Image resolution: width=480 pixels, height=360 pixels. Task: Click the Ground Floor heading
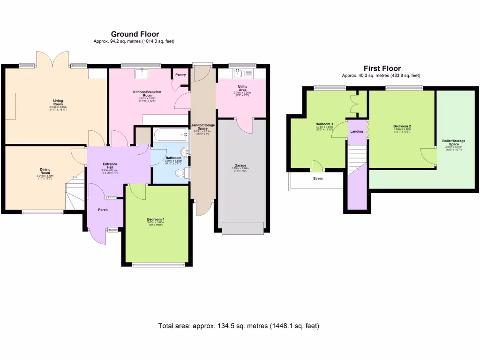135,34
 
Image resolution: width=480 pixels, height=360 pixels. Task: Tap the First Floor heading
382,68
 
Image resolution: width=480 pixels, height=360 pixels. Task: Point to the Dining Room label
45,172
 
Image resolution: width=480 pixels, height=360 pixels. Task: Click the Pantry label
180,75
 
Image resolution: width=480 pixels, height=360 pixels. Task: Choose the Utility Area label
242,88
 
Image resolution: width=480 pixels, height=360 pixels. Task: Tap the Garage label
240,165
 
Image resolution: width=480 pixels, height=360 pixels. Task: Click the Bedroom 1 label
156,219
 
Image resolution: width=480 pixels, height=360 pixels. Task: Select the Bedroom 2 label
402,127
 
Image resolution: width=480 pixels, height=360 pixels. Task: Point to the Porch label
103,210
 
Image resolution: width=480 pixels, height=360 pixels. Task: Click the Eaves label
318,178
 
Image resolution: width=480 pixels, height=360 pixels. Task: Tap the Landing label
357,131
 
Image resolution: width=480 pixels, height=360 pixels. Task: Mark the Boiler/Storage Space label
453,142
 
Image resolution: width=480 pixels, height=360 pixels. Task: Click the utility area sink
239,73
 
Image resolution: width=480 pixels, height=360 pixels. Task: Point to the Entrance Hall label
110,165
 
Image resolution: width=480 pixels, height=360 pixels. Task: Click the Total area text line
239,326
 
